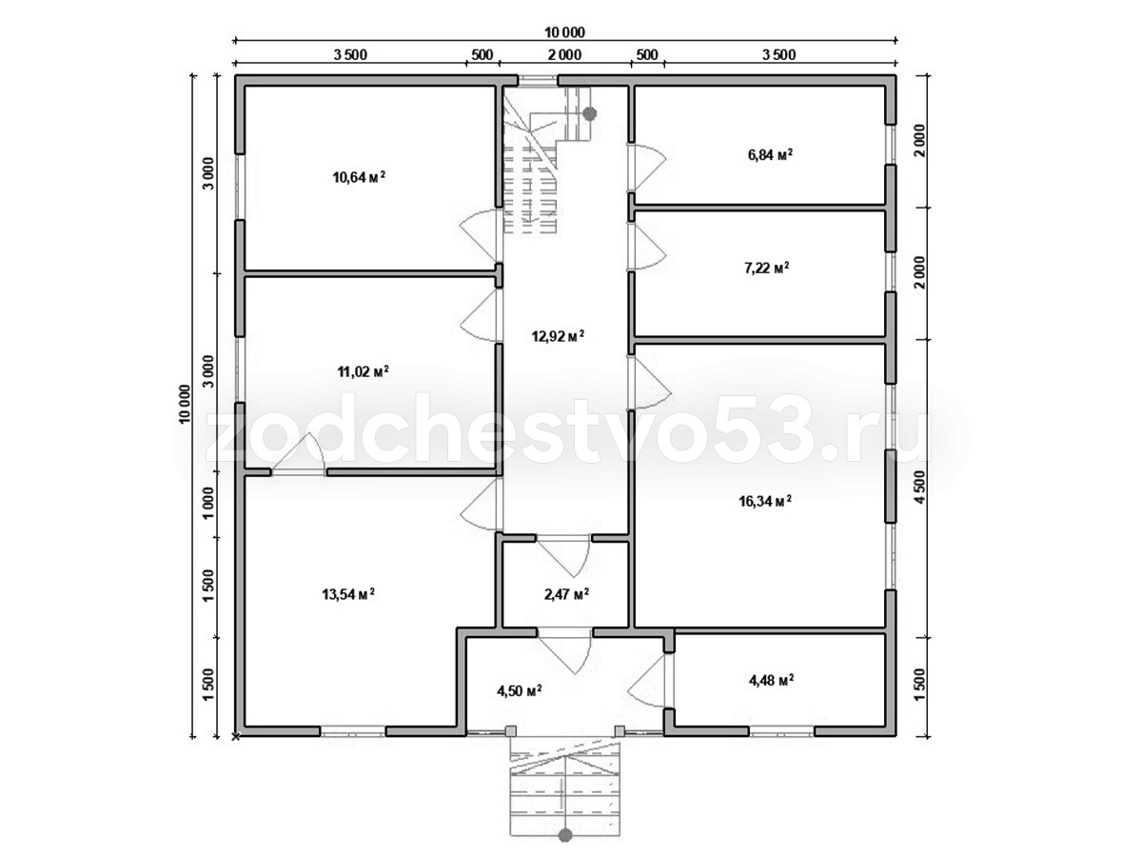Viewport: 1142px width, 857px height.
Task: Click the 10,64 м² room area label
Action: (x=359, y=177)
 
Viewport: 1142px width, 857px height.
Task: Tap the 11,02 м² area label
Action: (x=363, y=371)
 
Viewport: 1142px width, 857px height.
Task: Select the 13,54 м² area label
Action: (x=348, y=593)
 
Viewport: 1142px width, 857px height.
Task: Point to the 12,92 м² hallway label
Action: (x=558, y=335)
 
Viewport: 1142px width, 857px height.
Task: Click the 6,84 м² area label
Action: (x=770, y=154)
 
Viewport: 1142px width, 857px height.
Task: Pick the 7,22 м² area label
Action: (x=766, y=268)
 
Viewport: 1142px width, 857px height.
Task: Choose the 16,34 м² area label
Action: (x=765, y=501)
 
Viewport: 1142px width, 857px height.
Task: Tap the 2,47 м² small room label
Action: (x=566, y=593)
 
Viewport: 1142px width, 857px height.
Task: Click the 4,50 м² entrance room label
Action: (x=520, y=690)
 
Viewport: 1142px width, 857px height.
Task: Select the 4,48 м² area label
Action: (x=771, y=680)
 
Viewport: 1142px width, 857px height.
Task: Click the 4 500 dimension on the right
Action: (x=921, y=488)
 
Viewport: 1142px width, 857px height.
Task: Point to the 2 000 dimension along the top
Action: (x=564, y=54)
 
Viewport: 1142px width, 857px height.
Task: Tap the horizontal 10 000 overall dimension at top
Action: (x=564, y=32)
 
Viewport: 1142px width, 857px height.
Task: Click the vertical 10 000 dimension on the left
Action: (x=185, y=405)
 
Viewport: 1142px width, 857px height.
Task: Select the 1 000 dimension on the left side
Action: (x=208, y=503)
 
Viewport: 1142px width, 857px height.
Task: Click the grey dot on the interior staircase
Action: (x=589, y=113)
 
